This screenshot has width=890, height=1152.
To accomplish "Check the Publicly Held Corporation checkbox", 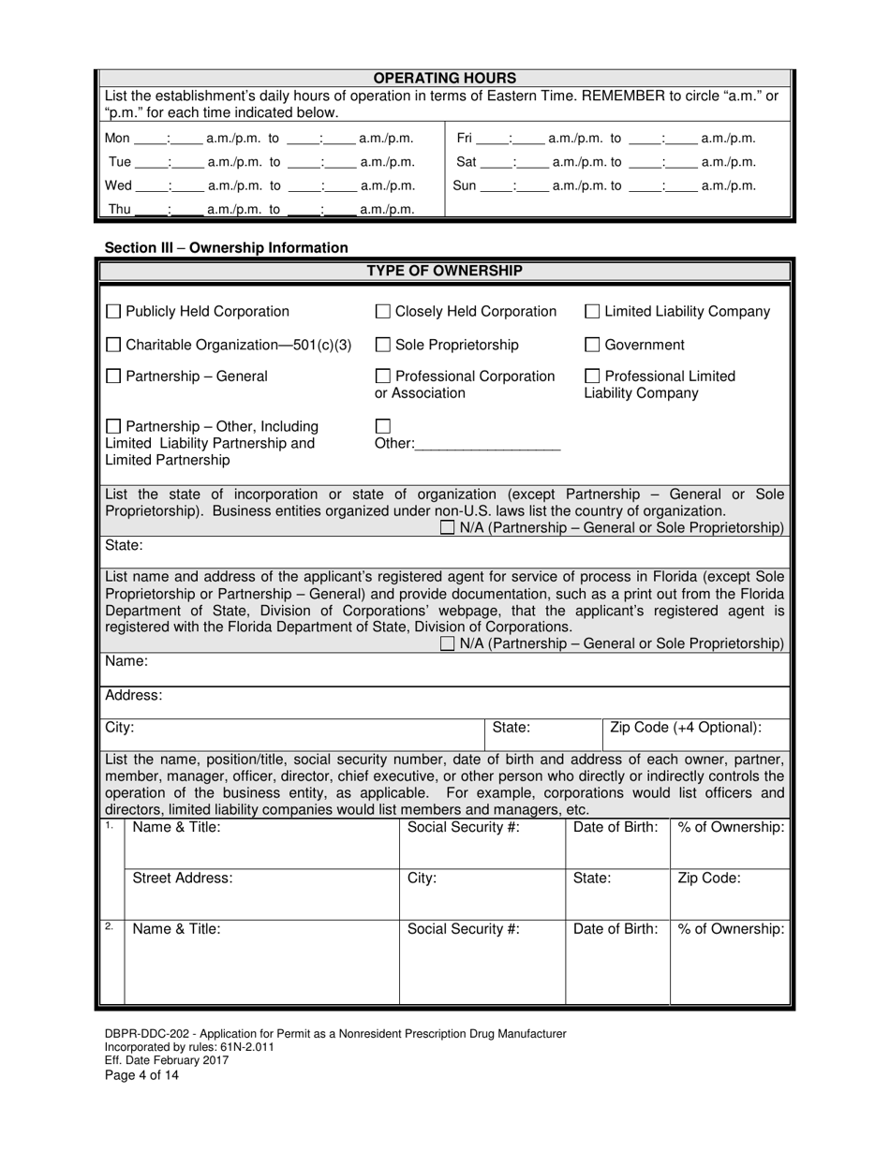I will click(113, 312).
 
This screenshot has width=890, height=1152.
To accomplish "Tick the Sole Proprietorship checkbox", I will click(383, 345).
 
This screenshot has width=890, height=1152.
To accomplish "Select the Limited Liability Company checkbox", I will click(592, 312).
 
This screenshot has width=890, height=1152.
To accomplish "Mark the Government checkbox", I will click(592, 345).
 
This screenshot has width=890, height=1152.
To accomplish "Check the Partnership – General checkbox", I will click(113, 377).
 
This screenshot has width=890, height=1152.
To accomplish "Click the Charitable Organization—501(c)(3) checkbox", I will click(113, 345).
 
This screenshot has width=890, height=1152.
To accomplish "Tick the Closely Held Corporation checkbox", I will click(383, 312).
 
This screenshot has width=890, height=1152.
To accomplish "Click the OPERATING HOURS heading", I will click(445, 79).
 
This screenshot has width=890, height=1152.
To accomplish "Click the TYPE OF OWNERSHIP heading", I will click(445, 271).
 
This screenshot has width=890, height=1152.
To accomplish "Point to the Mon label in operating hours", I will click(117, 139).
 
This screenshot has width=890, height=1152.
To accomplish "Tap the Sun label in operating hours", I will click(465, 185).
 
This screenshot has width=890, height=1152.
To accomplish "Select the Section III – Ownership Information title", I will click(227, 248).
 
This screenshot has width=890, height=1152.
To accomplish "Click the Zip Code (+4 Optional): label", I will click(686, 728).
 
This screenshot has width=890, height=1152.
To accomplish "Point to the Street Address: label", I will click(183, 879).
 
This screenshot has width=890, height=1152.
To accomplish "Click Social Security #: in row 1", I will click(463, 827).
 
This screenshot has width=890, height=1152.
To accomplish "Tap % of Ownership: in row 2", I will click(731, 929).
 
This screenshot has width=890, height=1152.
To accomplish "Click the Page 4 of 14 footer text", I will click(141, 1075).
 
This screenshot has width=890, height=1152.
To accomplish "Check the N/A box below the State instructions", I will click(448, 528).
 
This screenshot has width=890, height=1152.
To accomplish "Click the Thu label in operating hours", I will click(120, 210).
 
